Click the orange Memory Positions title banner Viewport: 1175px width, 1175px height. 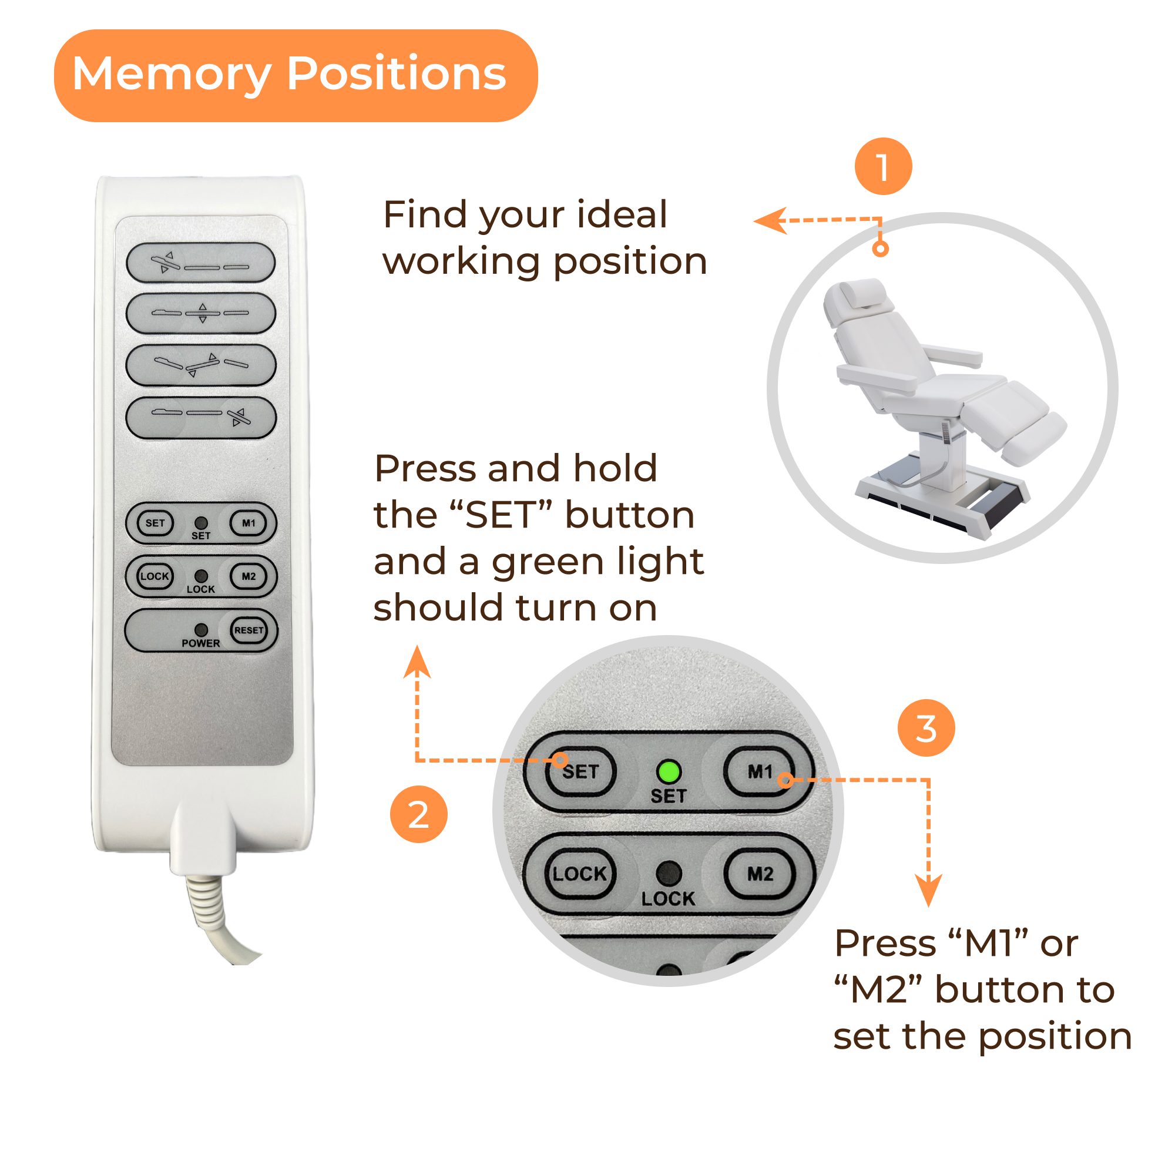click(x=296, y=75)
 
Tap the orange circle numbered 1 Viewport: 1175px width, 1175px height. click(x=883, y=166)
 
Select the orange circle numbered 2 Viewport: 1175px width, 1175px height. click(x=418, y=814)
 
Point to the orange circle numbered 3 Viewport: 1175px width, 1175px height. click(x=926, y=728)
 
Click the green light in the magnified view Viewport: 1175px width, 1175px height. click(x=669, y=772)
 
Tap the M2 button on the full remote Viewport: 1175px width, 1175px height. click(x=249, y=576)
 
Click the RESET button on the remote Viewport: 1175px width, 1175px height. click(x=249, y=630)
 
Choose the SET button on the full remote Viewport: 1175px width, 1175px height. click(x=155, y=522)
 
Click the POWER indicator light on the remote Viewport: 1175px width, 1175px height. click(x=201, y=629)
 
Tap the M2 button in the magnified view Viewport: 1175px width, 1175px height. click(x=760, y=874)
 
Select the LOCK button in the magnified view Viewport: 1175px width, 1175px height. click(x=579, y=874)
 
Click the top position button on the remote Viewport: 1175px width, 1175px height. click(x=201, y=262)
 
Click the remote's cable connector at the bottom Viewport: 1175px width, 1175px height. click(x=203, y=838)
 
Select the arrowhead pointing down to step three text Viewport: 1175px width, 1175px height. click(x=928, y=891)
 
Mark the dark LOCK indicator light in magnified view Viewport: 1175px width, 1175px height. click(x=669, y=874)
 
